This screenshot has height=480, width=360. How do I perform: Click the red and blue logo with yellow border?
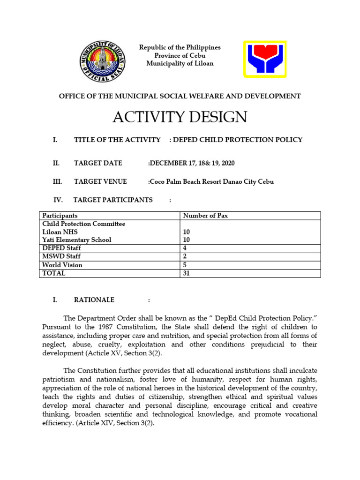click(265, 59)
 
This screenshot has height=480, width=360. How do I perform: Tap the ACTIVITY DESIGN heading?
click(180, 117)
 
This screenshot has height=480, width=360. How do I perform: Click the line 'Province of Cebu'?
click(180, 56)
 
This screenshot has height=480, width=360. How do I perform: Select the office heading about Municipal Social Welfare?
click(180, 96)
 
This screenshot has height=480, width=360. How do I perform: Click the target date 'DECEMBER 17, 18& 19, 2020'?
click(192, 163)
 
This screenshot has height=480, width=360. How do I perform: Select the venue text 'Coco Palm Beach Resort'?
click(187, 181)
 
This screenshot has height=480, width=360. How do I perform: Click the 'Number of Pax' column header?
click(205, 216)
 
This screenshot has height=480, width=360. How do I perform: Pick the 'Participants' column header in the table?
click(60, 216)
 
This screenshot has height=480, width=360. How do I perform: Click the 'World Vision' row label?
click(62, 265)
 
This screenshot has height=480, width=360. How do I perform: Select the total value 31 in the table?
click(187, 273)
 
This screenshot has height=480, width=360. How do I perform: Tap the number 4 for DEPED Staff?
click(185, 248)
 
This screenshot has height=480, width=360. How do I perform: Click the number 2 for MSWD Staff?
click(185, 257)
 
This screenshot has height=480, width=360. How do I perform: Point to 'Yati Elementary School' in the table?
click(77, 240)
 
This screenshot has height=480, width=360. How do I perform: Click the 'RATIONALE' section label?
click(94, 300)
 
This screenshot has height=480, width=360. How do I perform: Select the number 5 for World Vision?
click(185, 265)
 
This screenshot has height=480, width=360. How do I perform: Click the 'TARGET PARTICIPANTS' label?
click(113, 200)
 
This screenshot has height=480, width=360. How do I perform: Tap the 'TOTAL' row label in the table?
click(54, 273)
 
